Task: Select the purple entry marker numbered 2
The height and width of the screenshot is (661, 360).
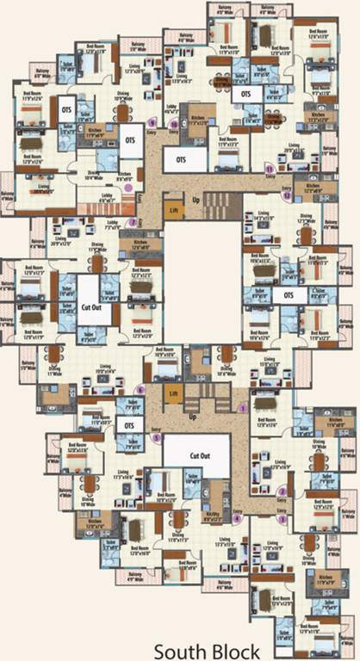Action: (282, 491)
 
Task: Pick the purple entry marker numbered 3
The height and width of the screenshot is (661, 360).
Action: (280, 519)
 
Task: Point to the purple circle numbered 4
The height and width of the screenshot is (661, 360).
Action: (238, 518)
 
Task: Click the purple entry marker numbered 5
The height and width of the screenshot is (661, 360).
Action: (156, 436)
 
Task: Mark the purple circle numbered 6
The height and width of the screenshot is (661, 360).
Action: (141, 390)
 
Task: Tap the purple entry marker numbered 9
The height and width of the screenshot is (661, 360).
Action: (152, 121)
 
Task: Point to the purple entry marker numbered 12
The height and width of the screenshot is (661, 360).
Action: (287, 196)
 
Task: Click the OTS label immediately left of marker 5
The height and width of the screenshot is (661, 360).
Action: (129, 425)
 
